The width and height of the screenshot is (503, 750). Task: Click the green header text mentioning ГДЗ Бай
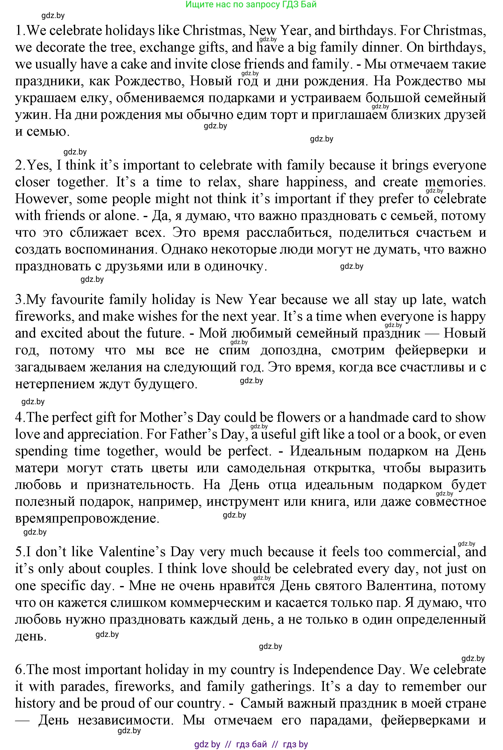(x=251, y=4)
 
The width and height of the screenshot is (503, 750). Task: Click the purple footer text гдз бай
(x=251, y=744)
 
